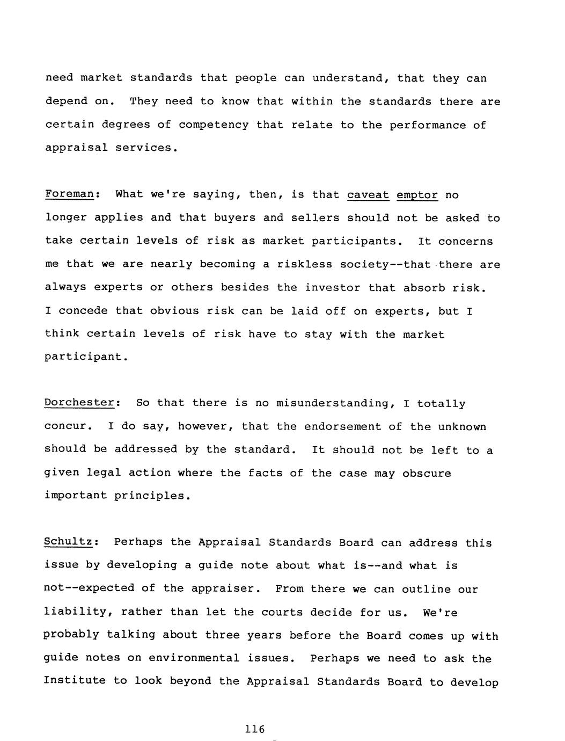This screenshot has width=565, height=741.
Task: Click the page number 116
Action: [255, 729]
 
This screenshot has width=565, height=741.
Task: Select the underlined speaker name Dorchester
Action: [79, 402]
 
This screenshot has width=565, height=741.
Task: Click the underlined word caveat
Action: [368, 194]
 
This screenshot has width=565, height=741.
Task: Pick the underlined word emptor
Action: [417, 195]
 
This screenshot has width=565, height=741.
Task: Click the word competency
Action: [214, 125]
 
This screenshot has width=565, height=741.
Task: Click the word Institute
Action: [75, 681]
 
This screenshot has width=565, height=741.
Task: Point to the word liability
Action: [77, 612]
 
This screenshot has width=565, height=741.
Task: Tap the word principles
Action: [152, 496]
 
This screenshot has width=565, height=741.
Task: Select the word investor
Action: [333, 287]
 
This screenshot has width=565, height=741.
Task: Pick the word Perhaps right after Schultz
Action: [138, 542]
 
